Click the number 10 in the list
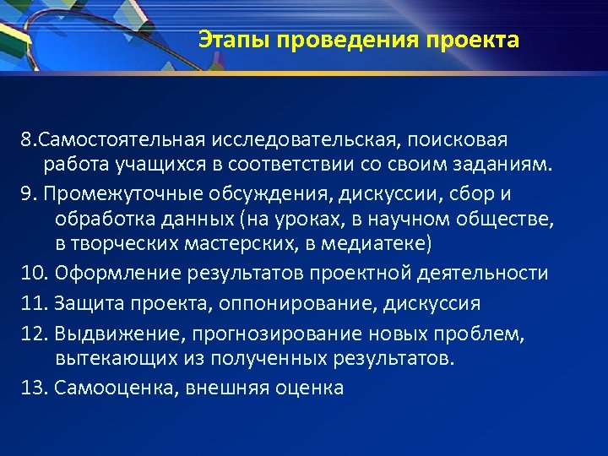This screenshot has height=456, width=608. [x=33, y=274]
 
